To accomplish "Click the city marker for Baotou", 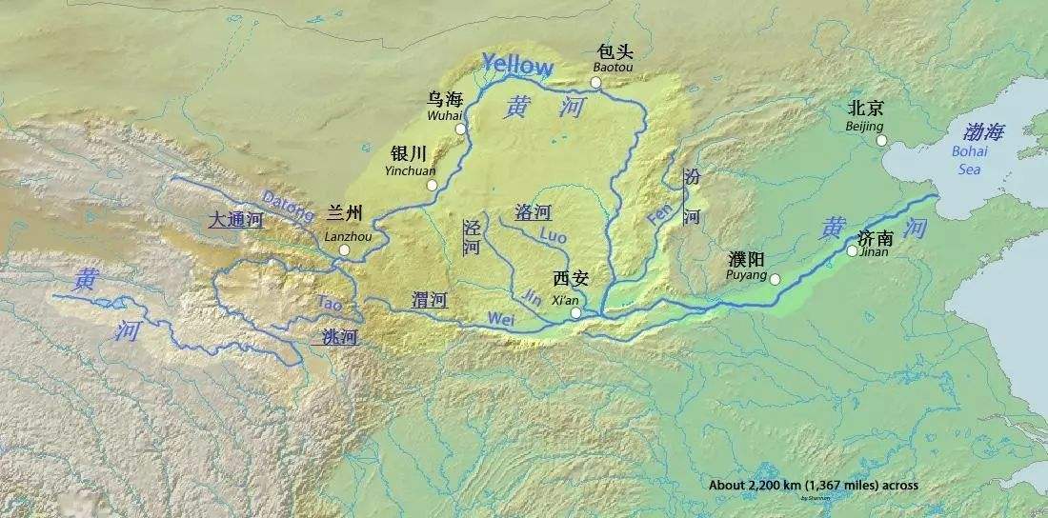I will coord(595,83).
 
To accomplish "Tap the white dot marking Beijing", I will coord(881,140).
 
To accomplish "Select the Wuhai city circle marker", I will coord(460,129).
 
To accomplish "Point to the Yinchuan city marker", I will coord(432,185).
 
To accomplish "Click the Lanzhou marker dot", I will coord(344,251).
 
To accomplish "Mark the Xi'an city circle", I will coord(575,312).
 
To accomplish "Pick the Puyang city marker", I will coord(775,279).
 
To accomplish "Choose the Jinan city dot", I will coord(852,251).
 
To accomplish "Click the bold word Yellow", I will coord(517,65).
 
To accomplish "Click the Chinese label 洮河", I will coord(339,336).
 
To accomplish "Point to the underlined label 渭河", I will coord(430,300).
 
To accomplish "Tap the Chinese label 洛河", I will coord(533,212).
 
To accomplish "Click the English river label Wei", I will coord(500,320).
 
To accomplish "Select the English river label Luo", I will coord(553,233).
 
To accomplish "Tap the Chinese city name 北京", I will coord(865,108).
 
